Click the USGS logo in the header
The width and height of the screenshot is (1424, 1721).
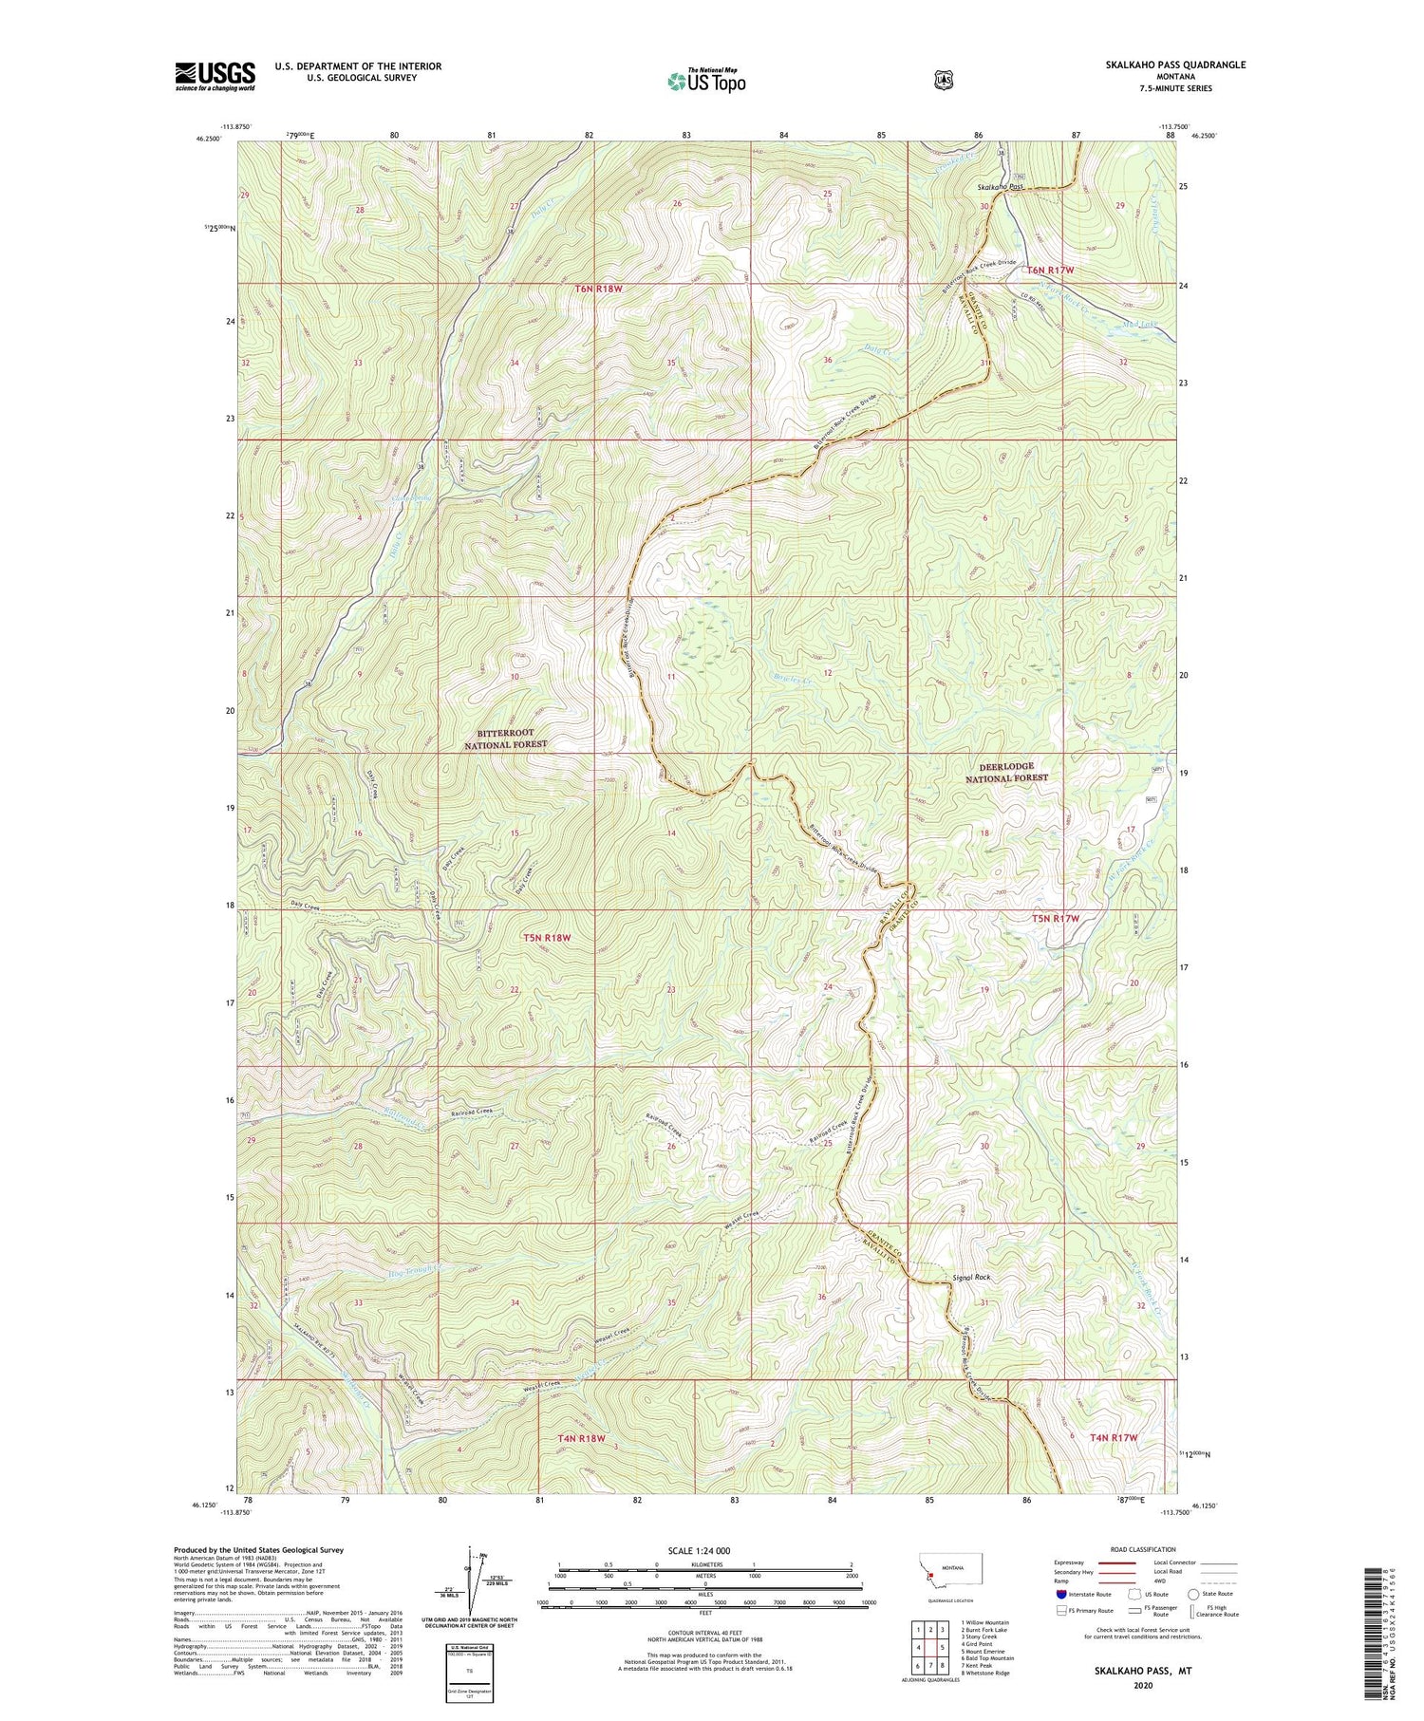[x=215, y=76]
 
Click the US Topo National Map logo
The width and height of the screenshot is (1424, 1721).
[x=705, y=80]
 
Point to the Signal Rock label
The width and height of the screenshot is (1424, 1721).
[x=971, y=1278]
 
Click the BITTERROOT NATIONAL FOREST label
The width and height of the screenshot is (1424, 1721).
[x=505, y=739]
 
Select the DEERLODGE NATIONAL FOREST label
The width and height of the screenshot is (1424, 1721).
[x=1006, y=772]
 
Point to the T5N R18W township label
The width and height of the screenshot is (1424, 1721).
[x=548, y=938]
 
